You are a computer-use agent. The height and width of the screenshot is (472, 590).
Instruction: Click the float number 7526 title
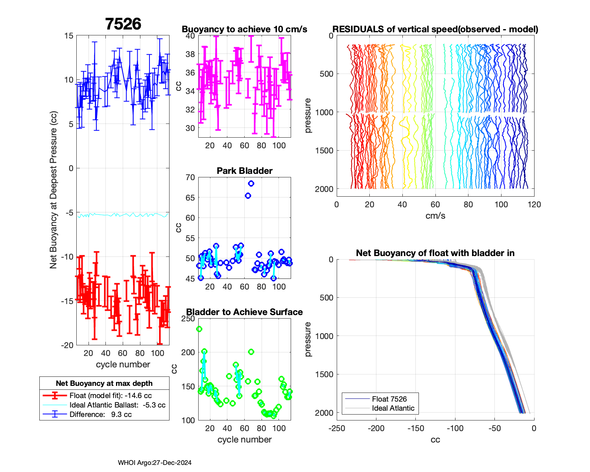(x=123, y=24)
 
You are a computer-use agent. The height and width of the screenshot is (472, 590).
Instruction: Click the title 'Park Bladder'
(x=245, y=171)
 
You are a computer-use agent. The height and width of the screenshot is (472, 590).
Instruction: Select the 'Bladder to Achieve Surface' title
(x=245, y=312)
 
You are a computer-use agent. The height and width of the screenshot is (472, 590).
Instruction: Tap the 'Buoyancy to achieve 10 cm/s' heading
(x=245, y=29)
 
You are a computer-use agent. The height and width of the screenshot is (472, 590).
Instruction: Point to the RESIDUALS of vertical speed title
(x=435, y=29)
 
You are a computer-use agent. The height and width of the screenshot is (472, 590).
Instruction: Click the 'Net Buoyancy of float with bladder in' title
(x=435, y=253)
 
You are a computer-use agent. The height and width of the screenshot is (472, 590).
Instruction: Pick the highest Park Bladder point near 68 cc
(x=251, y=184)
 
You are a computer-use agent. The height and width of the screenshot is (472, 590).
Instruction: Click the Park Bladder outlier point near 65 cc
(x=248, y=195)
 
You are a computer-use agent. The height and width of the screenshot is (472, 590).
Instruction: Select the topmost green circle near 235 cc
(x=199, y=329)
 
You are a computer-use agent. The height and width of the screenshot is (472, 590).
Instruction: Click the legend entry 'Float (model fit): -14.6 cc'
(x=111, y=396)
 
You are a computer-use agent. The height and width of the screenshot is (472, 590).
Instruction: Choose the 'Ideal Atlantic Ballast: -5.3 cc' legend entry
(x=117, y=405)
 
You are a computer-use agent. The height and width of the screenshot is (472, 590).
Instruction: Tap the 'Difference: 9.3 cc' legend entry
(x=100, y=415)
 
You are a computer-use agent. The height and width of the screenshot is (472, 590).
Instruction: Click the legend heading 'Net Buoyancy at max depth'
(x=104, y=383)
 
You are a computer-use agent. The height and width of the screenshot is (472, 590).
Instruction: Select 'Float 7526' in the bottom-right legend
(x=389, y=399)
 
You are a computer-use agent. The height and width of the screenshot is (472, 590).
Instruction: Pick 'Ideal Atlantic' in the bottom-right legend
(x=393, y=408)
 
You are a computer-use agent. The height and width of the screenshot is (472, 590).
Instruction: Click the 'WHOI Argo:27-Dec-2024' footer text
(x=155, y=463)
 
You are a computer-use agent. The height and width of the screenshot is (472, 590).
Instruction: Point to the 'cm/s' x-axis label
(x=435, y=216)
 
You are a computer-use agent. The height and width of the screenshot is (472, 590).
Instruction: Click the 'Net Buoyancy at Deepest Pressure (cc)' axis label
(x=53, y=190)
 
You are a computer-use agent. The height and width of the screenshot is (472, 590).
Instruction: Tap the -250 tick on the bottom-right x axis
(x=337, y=428)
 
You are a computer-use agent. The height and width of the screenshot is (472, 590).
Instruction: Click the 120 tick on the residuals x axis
(x=534, y=205)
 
